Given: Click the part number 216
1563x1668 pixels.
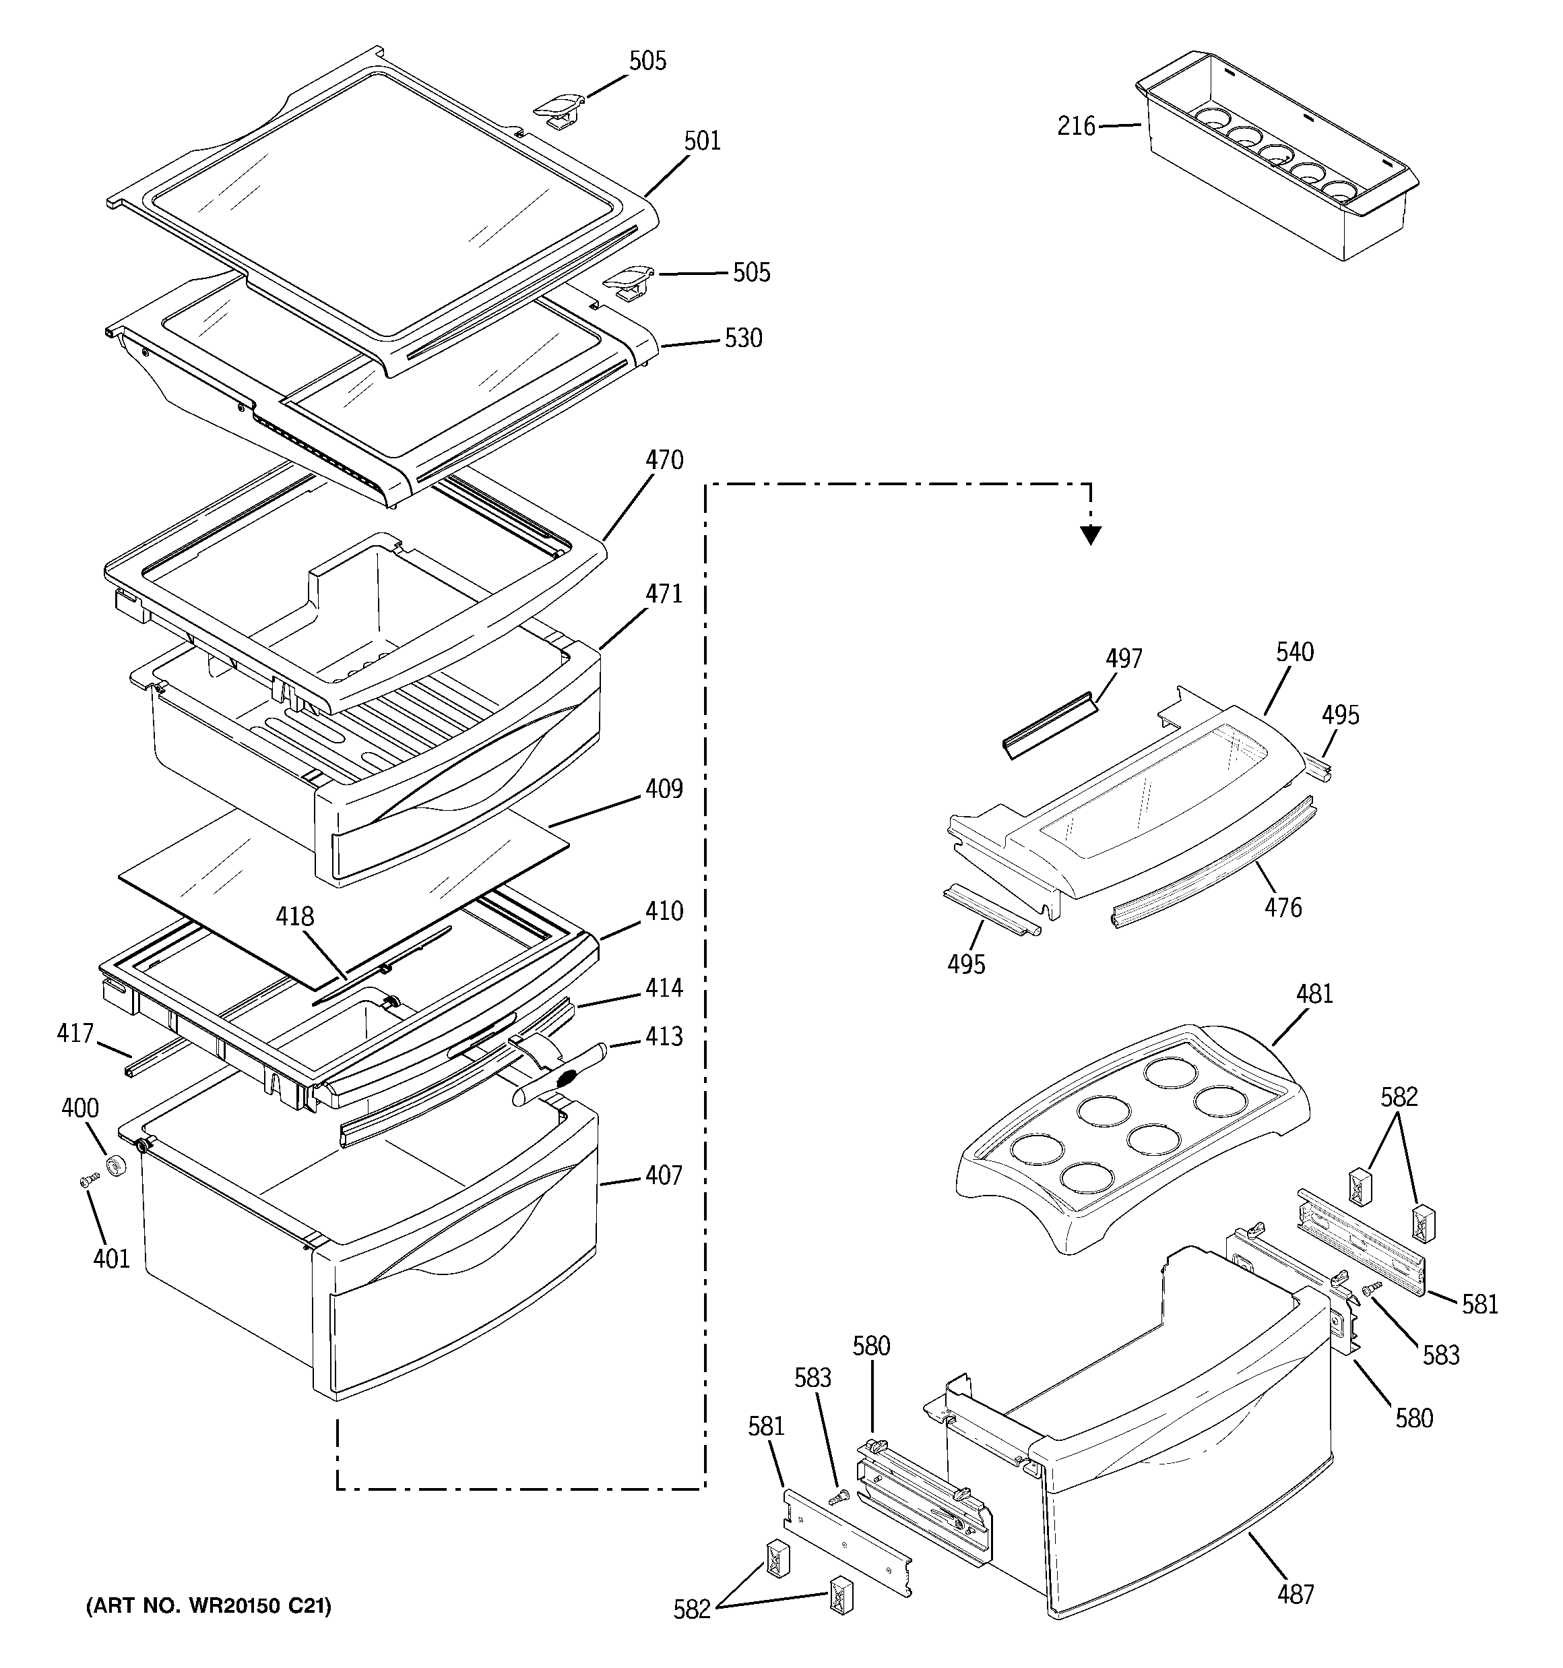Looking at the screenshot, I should coord(1075,127).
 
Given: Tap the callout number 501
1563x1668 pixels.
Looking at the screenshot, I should coord(701,141).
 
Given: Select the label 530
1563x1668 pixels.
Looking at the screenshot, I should coord(742,338).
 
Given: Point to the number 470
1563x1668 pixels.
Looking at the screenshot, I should coord(664,460).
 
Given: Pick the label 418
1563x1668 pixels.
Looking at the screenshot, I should coord(295,917).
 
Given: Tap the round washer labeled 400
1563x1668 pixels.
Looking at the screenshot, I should coord(116,1167).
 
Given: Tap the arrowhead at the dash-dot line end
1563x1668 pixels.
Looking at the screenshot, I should coord(1090,534).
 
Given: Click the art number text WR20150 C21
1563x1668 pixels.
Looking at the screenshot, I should coord(209,1606).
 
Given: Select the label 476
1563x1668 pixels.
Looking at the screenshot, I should coord(1283,907).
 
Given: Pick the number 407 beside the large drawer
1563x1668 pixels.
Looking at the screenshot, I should coord(664,1175).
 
